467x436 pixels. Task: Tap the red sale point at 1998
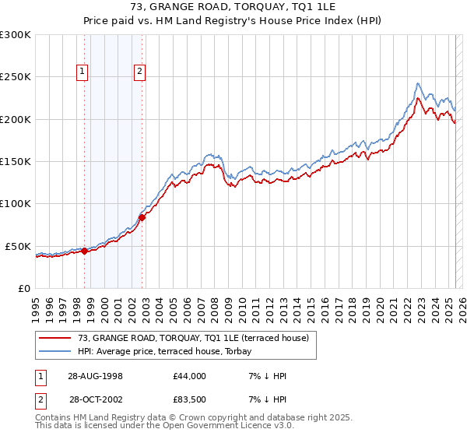click(x=85, y=251)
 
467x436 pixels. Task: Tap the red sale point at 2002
click(x=142, y=217)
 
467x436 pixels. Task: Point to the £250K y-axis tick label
click(x=15, y=77)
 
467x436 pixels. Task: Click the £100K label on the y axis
click(x=15, y=203)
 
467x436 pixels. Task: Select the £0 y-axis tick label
click(x=23, y=288)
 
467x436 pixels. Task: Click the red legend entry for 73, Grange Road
click(x=193, y=338)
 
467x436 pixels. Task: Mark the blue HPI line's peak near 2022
click(x=419, y=83)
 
